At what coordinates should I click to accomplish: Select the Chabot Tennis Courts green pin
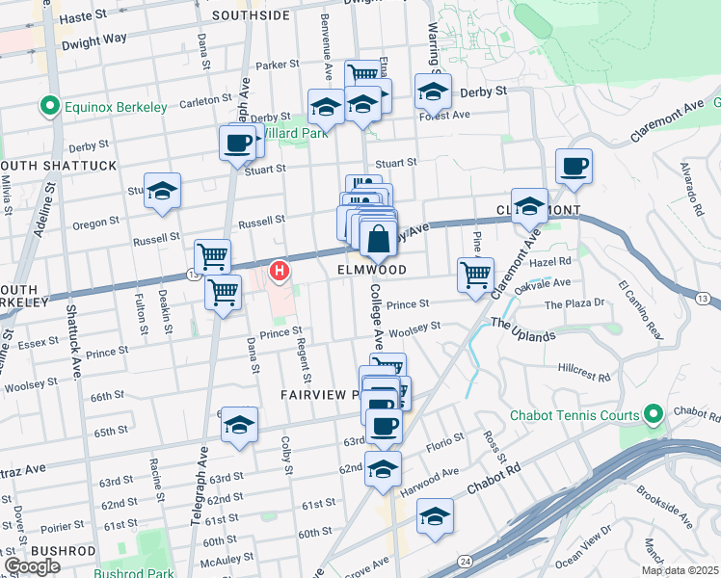click(x=653, y=416)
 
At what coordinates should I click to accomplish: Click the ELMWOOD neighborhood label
click(x=371, y=271)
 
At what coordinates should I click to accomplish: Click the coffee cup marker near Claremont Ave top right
click(x=574, y=166)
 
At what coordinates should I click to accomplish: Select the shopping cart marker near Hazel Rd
click(x=475, y=275)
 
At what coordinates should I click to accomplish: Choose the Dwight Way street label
click(x=94, y=40)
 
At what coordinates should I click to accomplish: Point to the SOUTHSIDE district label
click(x=251, y=15)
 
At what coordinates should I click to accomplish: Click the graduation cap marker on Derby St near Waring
click(x=433, y=92)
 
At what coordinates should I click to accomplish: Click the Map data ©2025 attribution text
click(x=680, y=570)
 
